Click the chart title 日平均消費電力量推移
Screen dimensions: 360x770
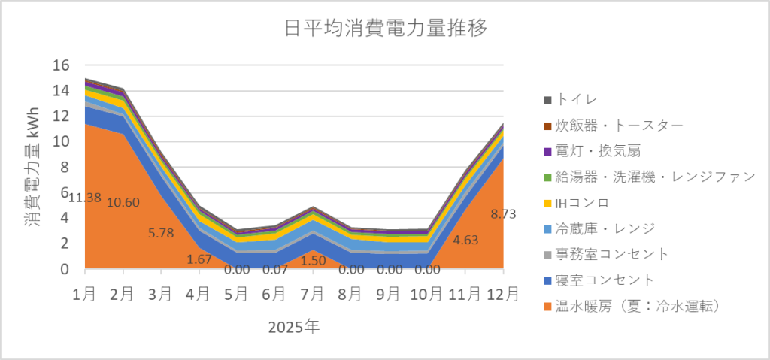tap(386, 29)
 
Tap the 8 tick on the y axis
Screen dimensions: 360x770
tap(65, 167)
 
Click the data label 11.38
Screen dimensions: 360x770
tap(84, 198)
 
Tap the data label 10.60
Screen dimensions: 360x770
tap(123, 202)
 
